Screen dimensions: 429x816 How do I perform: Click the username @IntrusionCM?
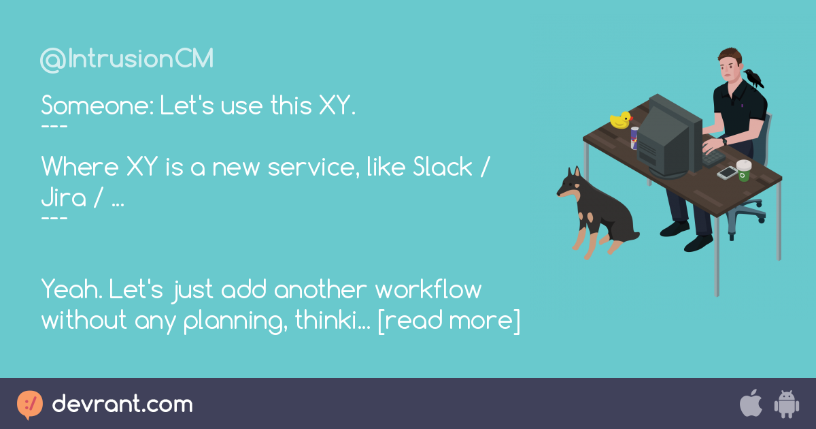(x=126, y=60)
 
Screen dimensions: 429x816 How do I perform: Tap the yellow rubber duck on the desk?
(x=620, y=121)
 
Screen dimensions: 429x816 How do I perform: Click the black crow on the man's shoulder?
(x=753, y=78)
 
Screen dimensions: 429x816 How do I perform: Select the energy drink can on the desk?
(x=635, y=138)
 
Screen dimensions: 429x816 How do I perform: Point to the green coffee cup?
(x=744, y=170)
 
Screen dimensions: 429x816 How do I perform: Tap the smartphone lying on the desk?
(x=727, y=173)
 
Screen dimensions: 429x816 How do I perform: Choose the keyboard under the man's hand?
(x=712, y=157)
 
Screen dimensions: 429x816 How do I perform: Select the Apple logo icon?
(x=751, y=404)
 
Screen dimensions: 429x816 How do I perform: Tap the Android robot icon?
(x=786, y=404)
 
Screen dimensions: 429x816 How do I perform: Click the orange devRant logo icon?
(x=29, y=404)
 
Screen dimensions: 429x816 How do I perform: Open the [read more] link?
(x=449, y=319)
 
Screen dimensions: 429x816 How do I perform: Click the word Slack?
(x=443, y=167)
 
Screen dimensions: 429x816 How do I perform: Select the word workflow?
(x=428, y=289)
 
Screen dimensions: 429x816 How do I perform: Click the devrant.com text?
(x=122, y=404)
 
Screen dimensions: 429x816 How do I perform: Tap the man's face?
(x=728, y=67)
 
